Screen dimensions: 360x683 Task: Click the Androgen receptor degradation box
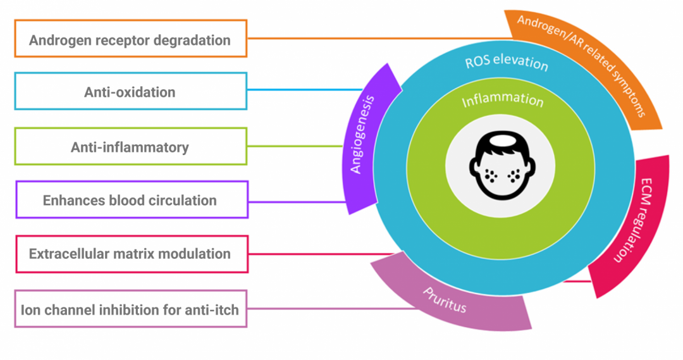tap(131, 39)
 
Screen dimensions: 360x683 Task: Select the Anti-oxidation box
tap(131, 91)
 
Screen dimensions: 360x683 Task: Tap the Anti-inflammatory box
tap(131, 147)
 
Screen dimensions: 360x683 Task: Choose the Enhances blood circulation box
tap(131, 200)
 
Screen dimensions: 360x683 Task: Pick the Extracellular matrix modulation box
tap(131, 254)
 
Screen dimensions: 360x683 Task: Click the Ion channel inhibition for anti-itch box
tap(131, 309)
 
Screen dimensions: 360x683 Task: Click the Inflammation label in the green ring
tap(502, 101)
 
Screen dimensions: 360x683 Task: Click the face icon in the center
tap(503, 166)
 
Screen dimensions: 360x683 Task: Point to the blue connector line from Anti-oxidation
tap(304, 89)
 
